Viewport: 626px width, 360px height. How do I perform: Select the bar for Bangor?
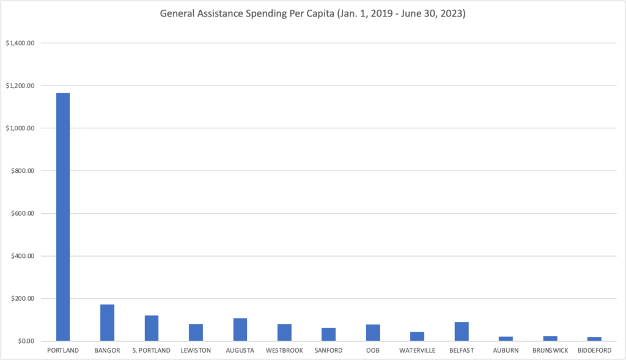[107, 323]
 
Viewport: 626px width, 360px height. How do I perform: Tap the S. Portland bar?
[152, 328]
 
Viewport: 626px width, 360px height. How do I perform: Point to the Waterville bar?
[418, 336]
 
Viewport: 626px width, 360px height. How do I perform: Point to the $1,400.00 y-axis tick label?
[20, 43]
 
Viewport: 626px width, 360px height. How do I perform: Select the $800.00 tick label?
[23, 171]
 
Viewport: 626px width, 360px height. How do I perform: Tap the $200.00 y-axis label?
[23, 299]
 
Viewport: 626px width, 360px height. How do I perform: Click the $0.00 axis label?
[24, 341]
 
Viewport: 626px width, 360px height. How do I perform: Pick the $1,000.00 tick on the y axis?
[20, 128]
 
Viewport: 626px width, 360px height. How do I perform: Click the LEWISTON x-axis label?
[196, 351]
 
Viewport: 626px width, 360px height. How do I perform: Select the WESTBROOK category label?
[284, 351]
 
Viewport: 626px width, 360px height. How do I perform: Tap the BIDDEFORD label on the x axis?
[594, 351]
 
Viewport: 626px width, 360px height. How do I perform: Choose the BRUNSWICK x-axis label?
[550, 351]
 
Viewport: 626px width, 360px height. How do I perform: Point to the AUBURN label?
[506, 351]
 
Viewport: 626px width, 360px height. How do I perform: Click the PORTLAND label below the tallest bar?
[63, 351]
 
